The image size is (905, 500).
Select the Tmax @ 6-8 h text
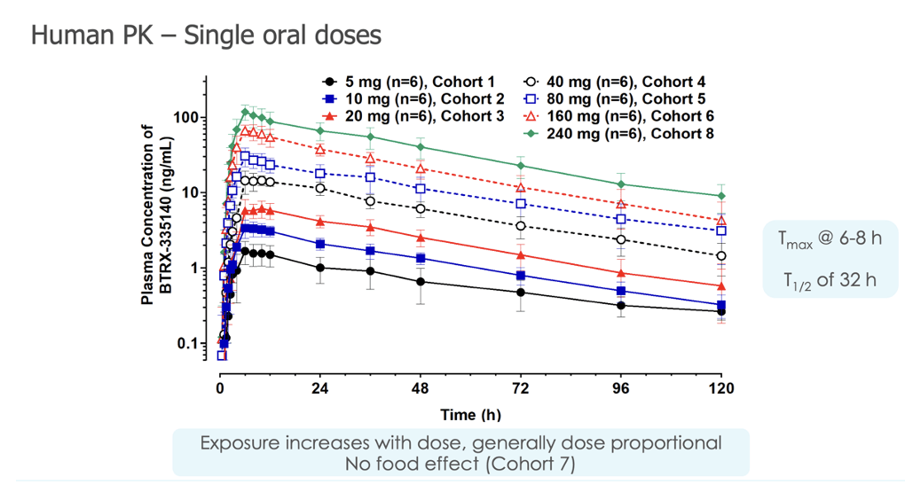click(830, 240)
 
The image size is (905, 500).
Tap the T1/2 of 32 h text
click(830, 280)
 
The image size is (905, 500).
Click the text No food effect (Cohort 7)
click(460, 463)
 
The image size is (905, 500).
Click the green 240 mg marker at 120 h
click(721, 196)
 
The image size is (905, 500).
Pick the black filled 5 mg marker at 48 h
click(421, 282)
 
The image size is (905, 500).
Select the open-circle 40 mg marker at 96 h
click(621, 240)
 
